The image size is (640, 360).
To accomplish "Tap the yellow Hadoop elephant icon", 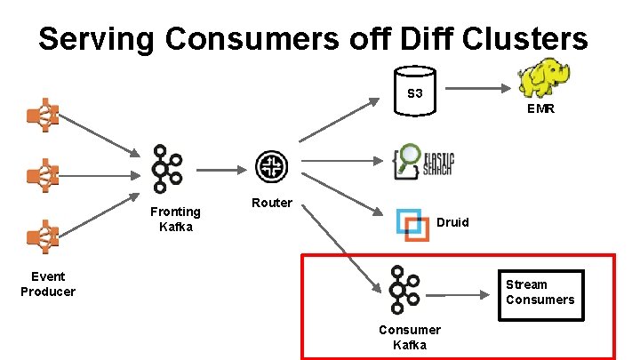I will click(x=543, y=77).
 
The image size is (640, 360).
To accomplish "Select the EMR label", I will click(x=540, y=110).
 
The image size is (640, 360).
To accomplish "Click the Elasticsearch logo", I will click(x=424, y=163).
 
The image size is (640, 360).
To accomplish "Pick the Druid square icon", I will click(x=412, y=223).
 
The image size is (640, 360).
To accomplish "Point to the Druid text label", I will click(x=452, y=222).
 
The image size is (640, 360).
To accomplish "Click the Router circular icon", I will click(x=269, y=166).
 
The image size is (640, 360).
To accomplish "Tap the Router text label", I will click(x=271, y=203).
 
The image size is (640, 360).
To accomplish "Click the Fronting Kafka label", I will click(x=175, y=219).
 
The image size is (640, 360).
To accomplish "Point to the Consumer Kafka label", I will click(x=409, y=337).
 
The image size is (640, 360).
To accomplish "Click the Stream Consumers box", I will click(x=540, y=292).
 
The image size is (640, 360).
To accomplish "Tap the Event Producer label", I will click(x=48, y=284).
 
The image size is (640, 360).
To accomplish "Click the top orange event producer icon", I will click(x=43, y=115).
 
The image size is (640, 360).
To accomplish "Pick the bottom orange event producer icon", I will click(x=43, y=236).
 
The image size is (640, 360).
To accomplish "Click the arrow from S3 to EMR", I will click(x=478, y=89).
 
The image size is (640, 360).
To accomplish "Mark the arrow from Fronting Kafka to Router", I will click(x=220, y=168).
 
